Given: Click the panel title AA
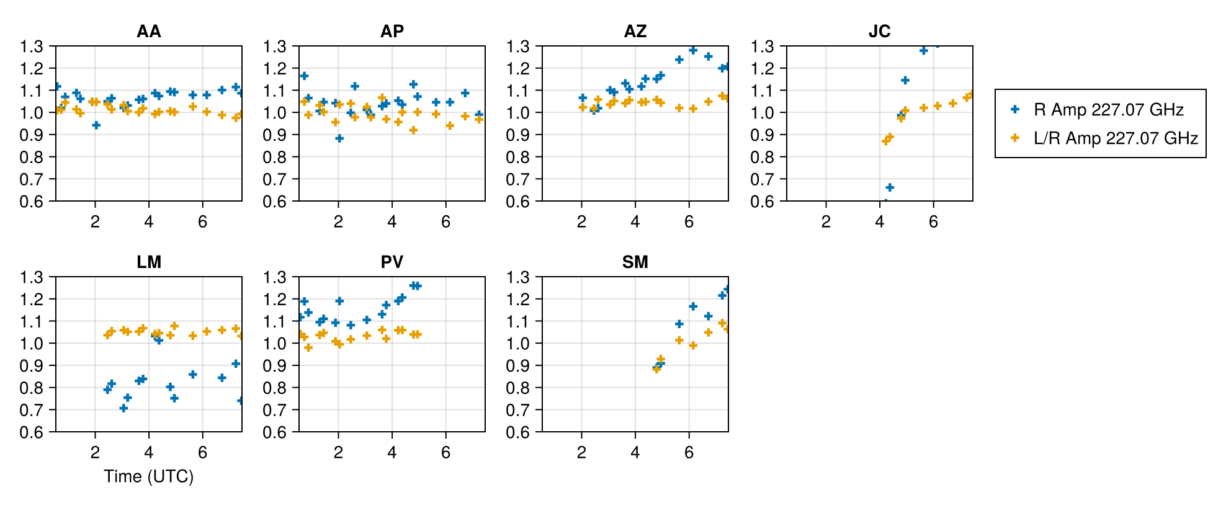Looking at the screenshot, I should [149, 31].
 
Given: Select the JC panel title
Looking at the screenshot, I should [879, 31].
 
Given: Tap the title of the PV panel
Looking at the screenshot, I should [392, 262].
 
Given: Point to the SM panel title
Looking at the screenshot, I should [635, 262].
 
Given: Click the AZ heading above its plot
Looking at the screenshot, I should [635, 31].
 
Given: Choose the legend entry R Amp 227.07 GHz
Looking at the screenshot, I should [1108, 110].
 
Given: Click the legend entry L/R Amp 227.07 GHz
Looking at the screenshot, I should [1115, 138].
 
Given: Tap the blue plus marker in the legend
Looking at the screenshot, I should [1015, 109].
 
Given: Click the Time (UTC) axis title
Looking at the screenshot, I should [149, 476].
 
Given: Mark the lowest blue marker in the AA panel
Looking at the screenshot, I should [96, 125].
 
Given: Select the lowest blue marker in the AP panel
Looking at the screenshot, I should [339, 138].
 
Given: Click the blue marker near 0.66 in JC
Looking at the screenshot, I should [890, 187].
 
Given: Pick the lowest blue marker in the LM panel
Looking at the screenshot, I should [123, 408].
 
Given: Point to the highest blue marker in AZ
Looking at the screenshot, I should [693, 50].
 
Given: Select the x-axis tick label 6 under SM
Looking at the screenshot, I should [689, 452].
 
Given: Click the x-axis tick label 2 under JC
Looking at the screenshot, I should [826, 221].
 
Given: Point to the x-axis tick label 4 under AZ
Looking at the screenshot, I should [635, 221].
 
